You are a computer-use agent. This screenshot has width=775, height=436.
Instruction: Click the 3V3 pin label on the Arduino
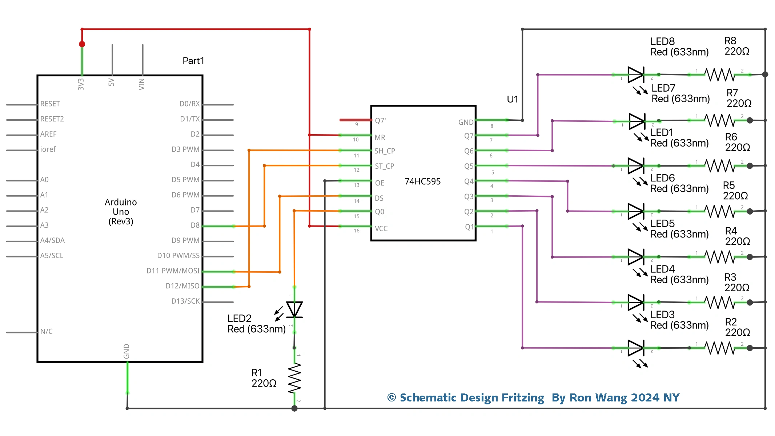pyautogui.click(x=81, y=84)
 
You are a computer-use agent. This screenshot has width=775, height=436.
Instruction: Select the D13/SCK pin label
pyautogui.click(x=185, y=301)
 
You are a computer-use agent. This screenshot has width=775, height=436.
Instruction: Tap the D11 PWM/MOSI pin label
pyautogui.click(x=173, y=271)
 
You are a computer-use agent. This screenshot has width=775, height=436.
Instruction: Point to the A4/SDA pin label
pyautogui.click(x=52, y=240)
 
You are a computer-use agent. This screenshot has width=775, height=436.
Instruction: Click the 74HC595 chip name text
pyautogui.click(x=422, y=181)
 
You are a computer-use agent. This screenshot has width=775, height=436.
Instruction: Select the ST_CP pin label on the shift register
pyautogui.click(x=385, y=166)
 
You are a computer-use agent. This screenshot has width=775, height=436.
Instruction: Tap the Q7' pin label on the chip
pyautogui.click(x=380, y=121)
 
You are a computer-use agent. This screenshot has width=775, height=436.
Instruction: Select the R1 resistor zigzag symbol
pyautogui.click(x=294, y=378)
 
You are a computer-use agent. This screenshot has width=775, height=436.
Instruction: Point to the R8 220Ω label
pyautogui.click(x=736, y=46)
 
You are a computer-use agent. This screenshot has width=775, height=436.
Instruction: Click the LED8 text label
pyautogui.click(x=662, y=41)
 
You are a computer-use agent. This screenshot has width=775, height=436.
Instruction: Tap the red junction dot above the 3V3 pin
pyautogui.click(x=82, y=44)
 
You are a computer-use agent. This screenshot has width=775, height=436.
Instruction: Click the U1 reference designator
pyautogui.click(x=512, y=99)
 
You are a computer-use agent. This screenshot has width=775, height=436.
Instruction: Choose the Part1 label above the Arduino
pyautogui.click(x=193, y=61)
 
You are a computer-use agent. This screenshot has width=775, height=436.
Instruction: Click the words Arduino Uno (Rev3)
pyautogui.click(x=121, y=212)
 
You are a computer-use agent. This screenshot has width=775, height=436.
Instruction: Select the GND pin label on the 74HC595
pyautogui.click(x=466, y=123)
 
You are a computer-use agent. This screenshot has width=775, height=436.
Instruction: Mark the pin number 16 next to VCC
pyautogui.click(x=357, y=231)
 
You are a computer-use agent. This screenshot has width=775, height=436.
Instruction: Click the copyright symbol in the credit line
pyautogui.click(x=391, y=397)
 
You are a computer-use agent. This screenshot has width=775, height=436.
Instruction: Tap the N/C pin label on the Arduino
pyautogui.click(x=46, y=332)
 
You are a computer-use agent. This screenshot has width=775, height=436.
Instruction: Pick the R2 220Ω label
pyautogui.click(x=737, y=327)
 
